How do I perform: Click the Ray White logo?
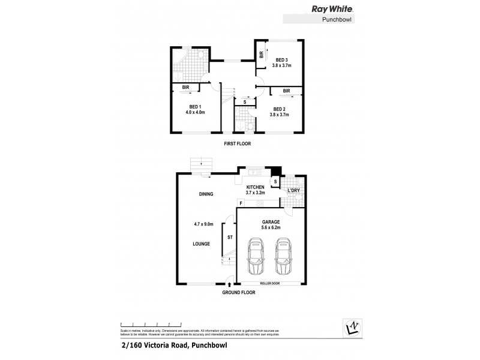click(331, 9)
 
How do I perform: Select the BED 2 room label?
click(280, 109)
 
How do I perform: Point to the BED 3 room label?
click(282, 60)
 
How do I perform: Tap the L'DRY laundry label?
click(294, 190)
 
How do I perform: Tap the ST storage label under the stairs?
click(229, 238)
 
